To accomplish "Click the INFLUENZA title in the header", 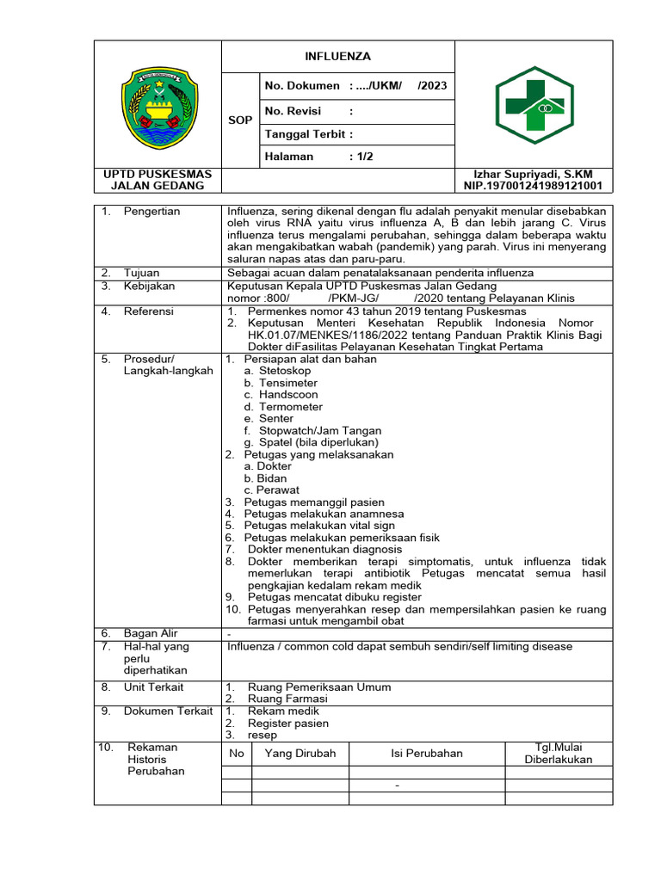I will click(337, 56).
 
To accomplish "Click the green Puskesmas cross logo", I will click(534, 105).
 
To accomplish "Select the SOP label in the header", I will click(241, 120).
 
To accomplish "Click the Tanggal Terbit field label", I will click(309, 134).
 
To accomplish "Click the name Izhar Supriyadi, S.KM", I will click(534, 174).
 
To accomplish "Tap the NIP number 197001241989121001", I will click(534, 186).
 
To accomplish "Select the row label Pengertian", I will click(152, 212).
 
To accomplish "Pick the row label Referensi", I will click(149, 311).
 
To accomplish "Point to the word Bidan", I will click(273, 478).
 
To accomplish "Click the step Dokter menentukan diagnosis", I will click(324, 549).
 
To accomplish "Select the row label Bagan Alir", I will click(151, 634).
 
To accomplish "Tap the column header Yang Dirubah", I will click(300, 754).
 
